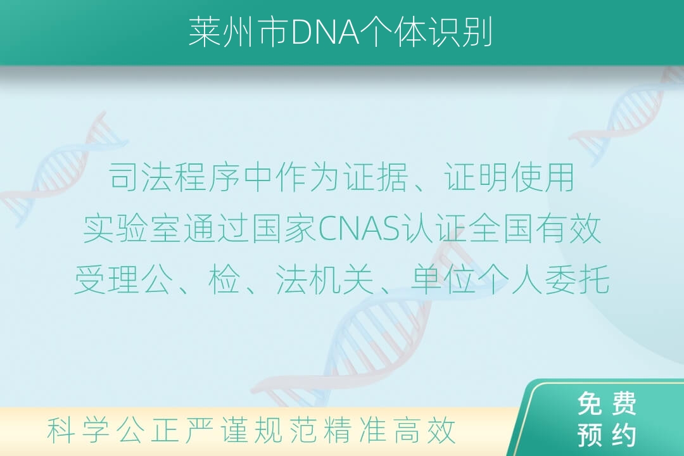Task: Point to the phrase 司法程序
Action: (x=174, y=177)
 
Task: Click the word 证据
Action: (x=375, y=177)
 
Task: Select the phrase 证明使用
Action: (x=509, y=177)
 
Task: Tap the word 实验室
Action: (x=132, y=229)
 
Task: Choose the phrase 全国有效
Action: (x=536, y=229)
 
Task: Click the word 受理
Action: (x=107, y=279)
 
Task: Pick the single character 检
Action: (x=224, y=279)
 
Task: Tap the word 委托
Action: (x=577, y=279)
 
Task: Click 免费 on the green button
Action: (x=607, y=403)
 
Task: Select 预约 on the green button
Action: (x=607, y=434)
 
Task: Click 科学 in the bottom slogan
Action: (x=78, y=430)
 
